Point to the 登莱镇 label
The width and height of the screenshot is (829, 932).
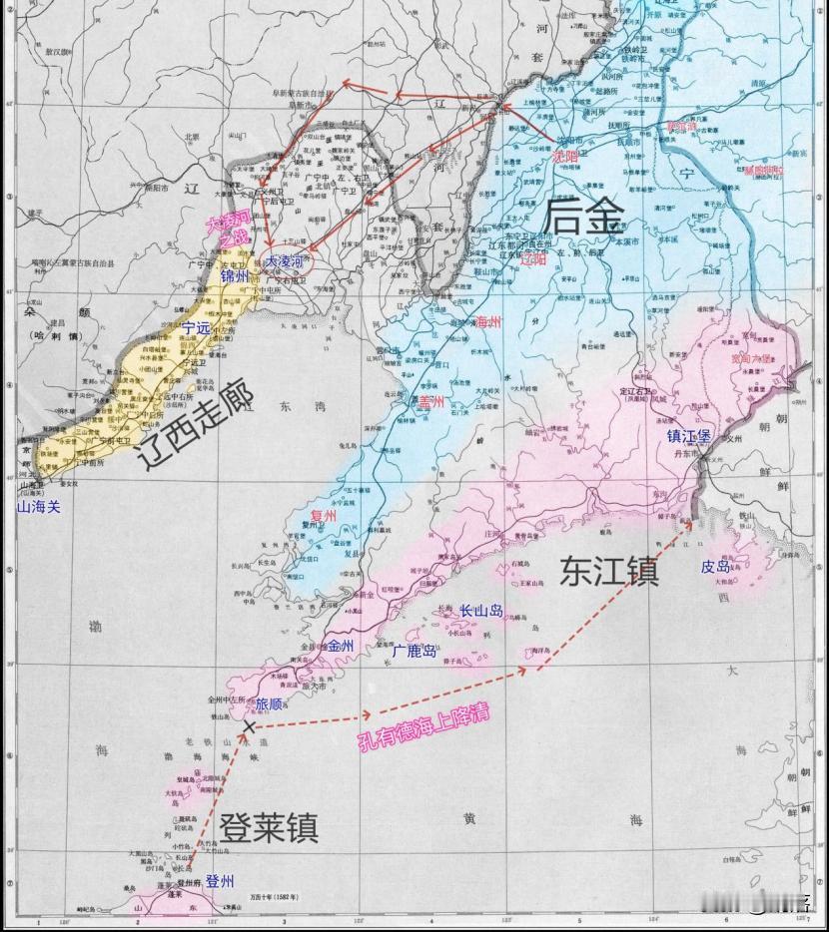(269, 827)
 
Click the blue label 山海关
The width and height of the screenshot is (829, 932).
(39, 507)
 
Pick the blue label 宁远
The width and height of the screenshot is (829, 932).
(196, 326)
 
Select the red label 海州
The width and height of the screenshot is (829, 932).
(487, 321)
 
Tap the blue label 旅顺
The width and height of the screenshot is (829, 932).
(269, 703)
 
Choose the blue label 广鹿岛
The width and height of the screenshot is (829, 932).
(413, 650)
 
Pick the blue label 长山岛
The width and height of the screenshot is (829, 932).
(480, 611)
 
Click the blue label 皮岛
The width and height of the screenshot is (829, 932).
(715, 566)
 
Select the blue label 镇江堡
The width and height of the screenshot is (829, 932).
(690, 435)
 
